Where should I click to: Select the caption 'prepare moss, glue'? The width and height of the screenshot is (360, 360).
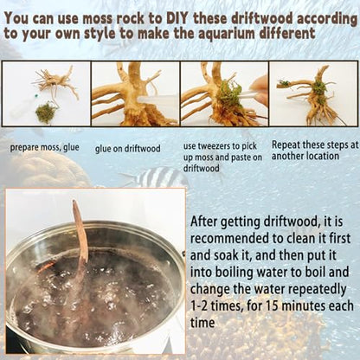click(45, 148)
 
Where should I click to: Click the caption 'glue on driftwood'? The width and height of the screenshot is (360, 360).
click(128, 149)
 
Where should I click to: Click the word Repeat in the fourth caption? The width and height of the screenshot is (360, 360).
click(286, 145)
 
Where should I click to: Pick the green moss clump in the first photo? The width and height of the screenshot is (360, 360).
click(46, 112)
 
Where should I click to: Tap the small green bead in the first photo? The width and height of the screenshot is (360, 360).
click(36, 94)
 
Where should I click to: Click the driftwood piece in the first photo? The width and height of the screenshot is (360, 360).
click(56, 82)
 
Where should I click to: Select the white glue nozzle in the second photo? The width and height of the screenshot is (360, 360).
click(158, 100)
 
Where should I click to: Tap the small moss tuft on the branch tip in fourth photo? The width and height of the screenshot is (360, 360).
click(284, 84)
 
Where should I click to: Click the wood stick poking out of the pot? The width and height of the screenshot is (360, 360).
click(80, 242)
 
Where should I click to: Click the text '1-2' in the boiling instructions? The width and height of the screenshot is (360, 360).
click(199, 306)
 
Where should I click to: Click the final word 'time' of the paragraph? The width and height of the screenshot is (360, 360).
click(202, 323)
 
